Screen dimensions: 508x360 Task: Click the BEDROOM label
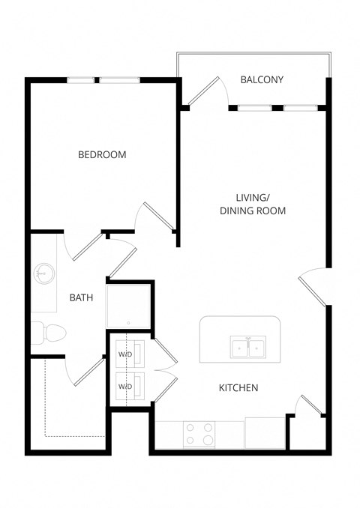coord(102,155)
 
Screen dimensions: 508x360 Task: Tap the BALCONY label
coord(262,79)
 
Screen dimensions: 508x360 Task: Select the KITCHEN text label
coord(238,387)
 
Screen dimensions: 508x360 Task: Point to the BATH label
coord(81,297)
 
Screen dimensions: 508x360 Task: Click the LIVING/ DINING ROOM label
coord(252,204)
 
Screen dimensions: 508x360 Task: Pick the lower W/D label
coord(124,386)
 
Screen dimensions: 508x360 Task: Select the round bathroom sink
coord(42,274)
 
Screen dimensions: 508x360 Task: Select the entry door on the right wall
coord(313,287)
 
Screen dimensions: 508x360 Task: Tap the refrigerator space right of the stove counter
coord(265,433)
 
